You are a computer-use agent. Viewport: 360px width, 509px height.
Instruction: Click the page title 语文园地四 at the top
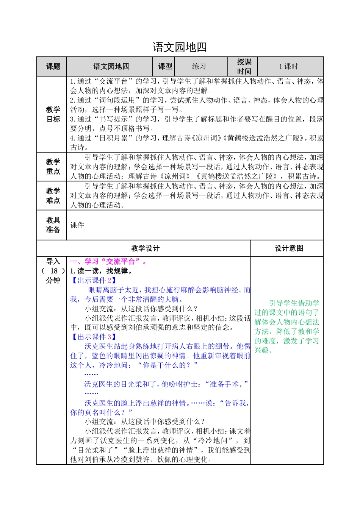tap(180, 47)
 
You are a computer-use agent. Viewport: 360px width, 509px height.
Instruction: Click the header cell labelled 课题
tap(53, 67)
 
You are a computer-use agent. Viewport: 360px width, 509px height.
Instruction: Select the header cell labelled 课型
tap(165, 67)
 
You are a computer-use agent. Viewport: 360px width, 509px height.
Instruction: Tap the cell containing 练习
tap(199, 67)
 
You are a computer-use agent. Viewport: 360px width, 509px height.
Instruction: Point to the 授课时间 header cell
tap(244, 67)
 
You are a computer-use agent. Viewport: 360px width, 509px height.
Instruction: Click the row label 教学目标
tap(53, 114)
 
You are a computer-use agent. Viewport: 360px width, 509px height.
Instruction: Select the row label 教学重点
tap(53, 167)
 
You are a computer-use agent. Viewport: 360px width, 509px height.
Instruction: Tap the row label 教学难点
tap(53, 196)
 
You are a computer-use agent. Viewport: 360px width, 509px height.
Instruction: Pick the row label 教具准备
tap(53, 225)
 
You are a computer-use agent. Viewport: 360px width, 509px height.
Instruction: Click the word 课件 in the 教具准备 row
tap(77, 225)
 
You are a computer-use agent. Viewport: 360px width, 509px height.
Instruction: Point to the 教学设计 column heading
tap(145, 248)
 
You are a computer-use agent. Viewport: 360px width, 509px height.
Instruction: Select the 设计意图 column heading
tap(289, 248)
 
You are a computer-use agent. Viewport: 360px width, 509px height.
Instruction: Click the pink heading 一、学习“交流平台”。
tap(108, 262)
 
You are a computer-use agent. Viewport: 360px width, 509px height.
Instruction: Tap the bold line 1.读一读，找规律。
tap(101, 271)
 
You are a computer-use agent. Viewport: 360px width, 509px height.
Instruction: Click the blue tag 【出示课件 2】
tap(93, 281)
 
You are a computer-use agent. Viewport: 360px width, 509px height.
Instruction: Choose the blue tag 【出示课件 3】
tap(93, 337)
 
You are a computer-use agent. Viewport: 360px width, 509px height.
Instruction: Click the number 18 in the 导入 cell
tap(54, 271)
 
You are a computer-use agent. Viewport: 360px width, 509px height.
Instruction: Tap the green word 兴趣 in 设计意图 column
tap(262, 350)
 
